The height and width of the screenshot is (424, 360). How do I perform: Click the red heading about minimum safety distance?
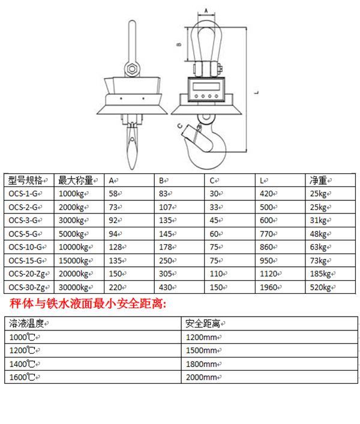pyautogui.click(x=88, y=303)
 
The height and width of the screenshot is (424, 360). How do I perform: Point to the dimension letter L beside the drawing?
pyautogui.click(x=257, y=92)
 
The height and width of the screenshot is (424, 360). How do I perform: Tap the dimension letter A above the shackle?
pyautogui.click(x=206, y=11)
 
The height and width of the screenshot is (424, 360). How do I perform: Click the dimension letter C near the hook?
pyautogui.click(x=180, y=126)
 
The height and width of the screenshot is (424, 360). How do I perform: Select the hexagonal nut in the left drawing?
pyautogui.click(x=132, y=69)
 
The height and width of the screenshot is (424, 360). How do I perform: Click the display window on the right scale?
pyautogui.click(x=206, y=86)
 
